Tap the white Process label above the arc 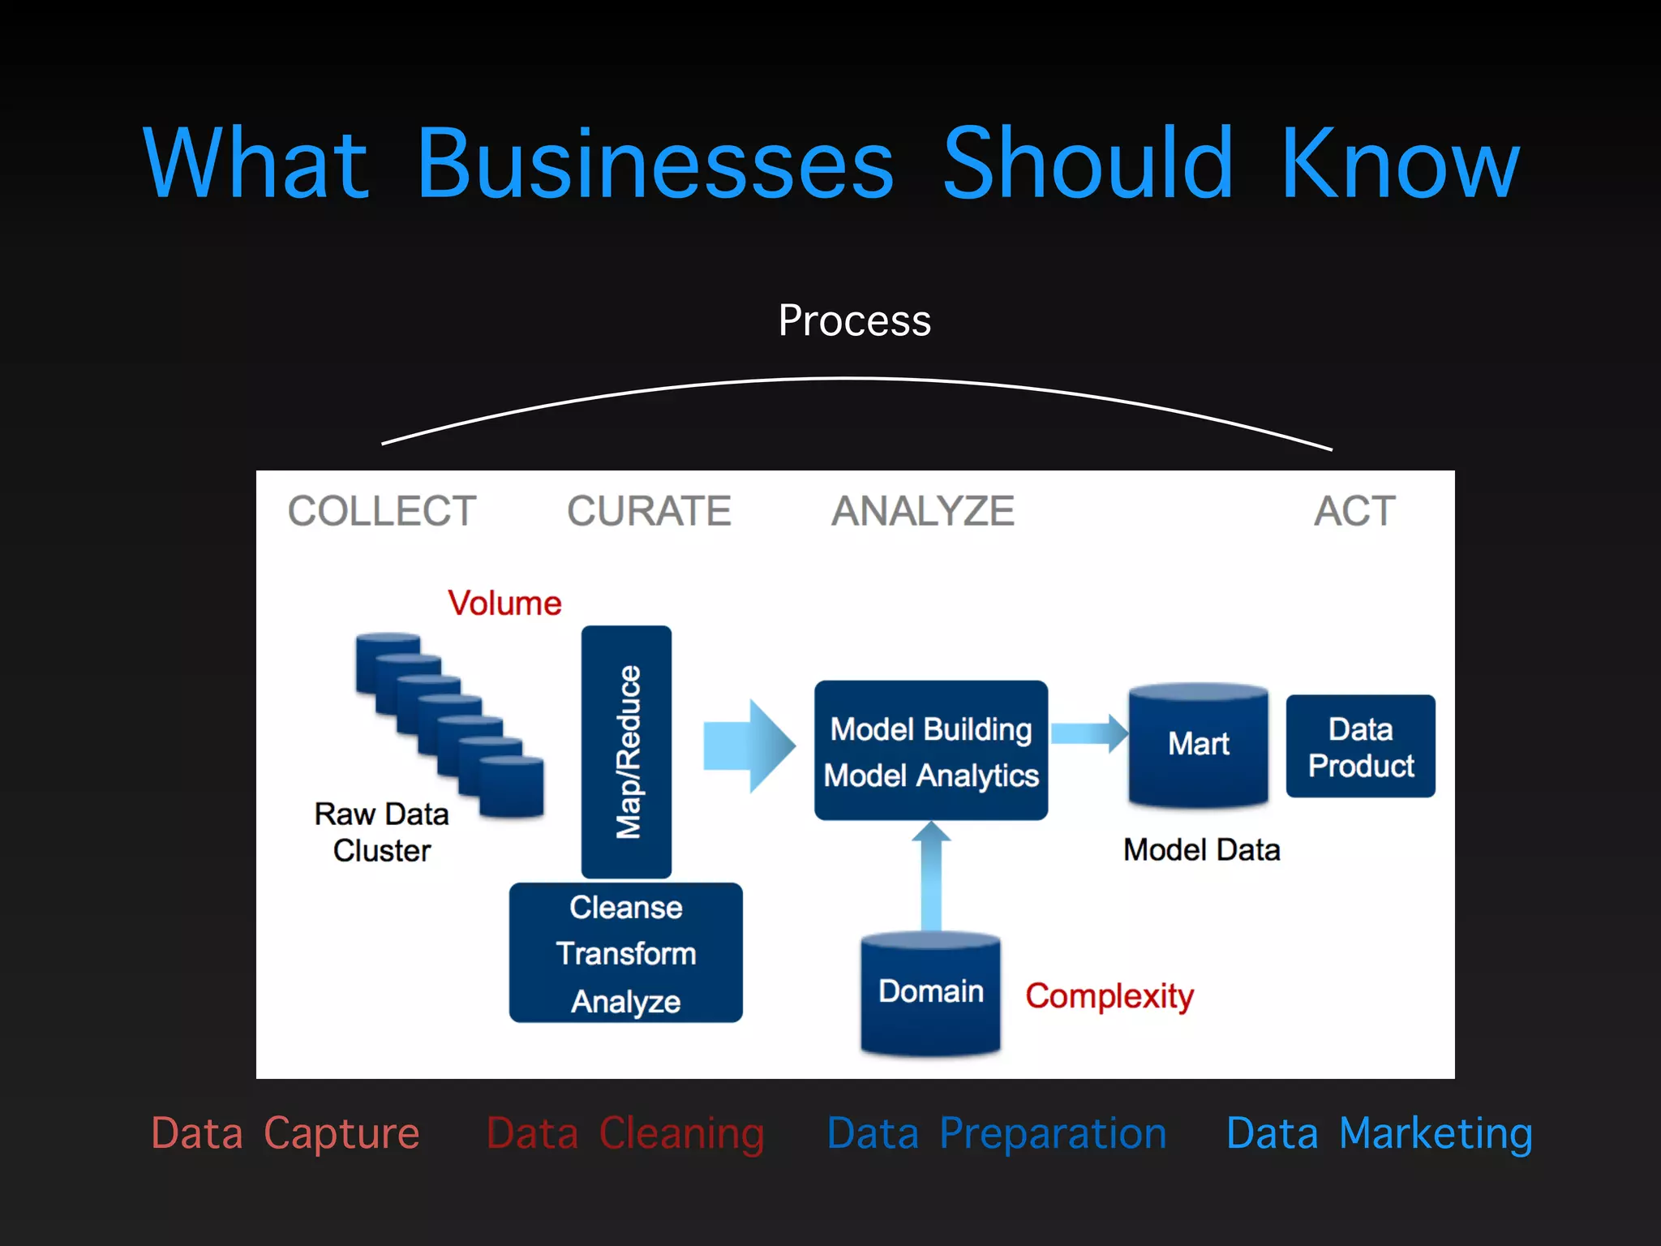pos(854,320)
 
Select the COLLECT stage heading pos(382,511)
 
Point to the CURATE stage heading pos(649,511)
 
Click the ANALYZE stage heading pos(923,511)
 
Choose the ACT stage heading pos(1354,511)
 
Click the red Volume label pos(504,604)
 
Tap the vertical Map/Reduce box pos(626,751)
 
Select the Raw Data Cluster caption pos(381,832)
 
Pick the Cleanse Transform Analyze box pos(625,953)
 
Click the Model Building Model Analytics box pos(931,751)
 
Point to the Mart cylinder pos(1199,745)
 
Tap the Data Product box pos(1360,746)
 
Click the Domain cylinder pos(930,993)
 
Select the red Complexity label pos(1109,996)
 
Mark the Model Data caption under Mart pos(1201,850)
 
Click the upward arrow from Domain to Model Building pos(931,876)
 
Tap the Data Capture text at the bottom pos(285,1133)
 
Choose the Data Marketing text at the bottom pos(1379,1133)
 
